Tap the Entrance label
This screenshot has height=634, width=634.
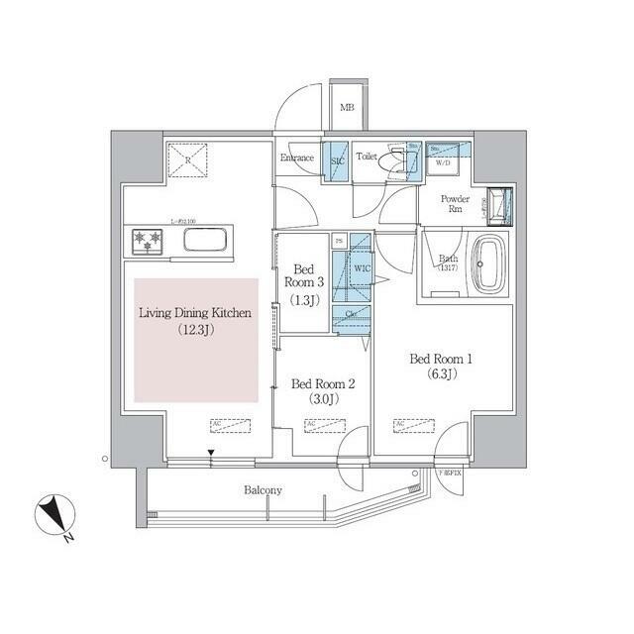click(x=296, y=158)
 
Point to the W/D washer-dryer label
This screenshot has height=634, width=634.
click(x=443, y=163)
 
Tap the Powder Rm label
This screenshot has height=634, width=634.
click(x=456, y=203)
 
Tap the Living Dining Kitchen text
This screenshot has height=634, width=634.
click(x=194, y=320)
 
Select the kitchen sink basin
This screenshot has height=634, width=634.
click(x=206, y=241)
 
